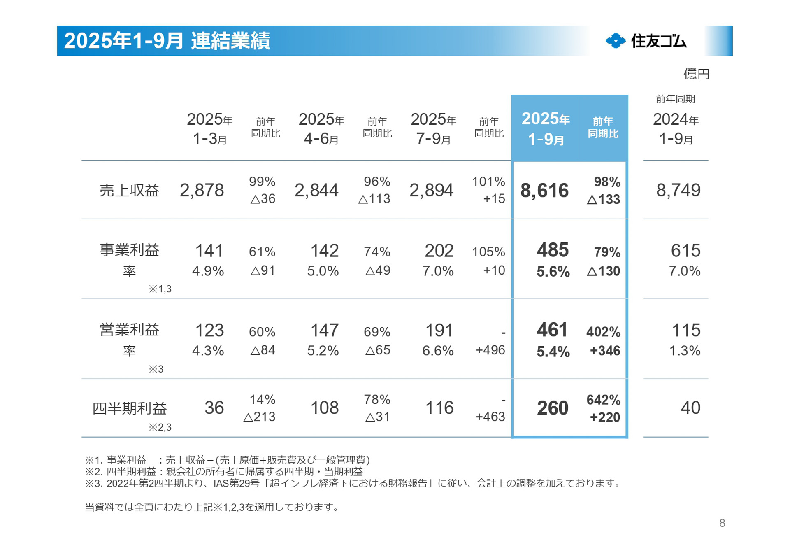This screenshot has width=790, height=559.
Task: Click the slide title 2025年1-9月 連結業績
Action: [x=167, y=41]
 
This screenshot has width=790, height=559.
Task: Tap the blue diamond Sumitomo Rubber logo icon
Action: [x=616, y=41]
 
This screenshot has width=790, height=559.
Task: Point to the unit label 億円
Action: [x=696, y=74]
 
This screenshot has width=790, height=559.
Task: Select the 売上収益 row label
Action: [x=129, y=190]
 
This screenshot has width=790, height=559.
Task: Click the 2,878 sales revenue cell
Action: [x=202, y=190]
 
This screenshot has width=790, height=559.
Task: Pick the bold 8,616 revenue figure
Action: [x=544, y=191]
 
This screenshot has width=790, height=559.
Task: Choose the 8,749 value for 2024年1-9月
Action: [x=678, y=190]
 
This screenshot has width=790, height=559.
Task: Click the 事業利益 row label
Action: [x=129, y=250]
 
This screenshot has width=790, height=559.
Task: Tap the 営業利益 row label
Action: [x=129, y=330]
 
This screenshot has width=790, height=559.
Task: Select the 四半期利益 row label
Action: [x=129, y=408]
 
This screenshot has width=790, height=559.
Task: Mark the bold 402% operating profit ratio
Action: [x=603, y=332]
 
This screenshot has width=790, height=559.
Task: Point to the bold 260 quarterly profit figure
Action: [x=552, y=408]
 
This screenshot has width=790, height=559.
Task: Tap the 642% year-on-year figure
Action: [x=603, y=400]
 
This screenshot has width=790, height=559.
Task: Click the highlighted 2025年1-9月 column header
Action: [x=545, y=129]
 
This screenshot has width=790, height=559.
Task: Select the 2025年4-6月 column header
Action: [x=321, y=129]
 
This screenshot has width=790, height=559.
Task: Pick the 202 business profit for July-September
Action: [x=439, y=251]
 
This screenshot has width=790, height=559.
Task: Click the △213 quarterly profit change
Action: [x=259, y=417]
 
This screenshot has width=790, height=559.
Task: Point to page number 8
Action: [x=722, y=523]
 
